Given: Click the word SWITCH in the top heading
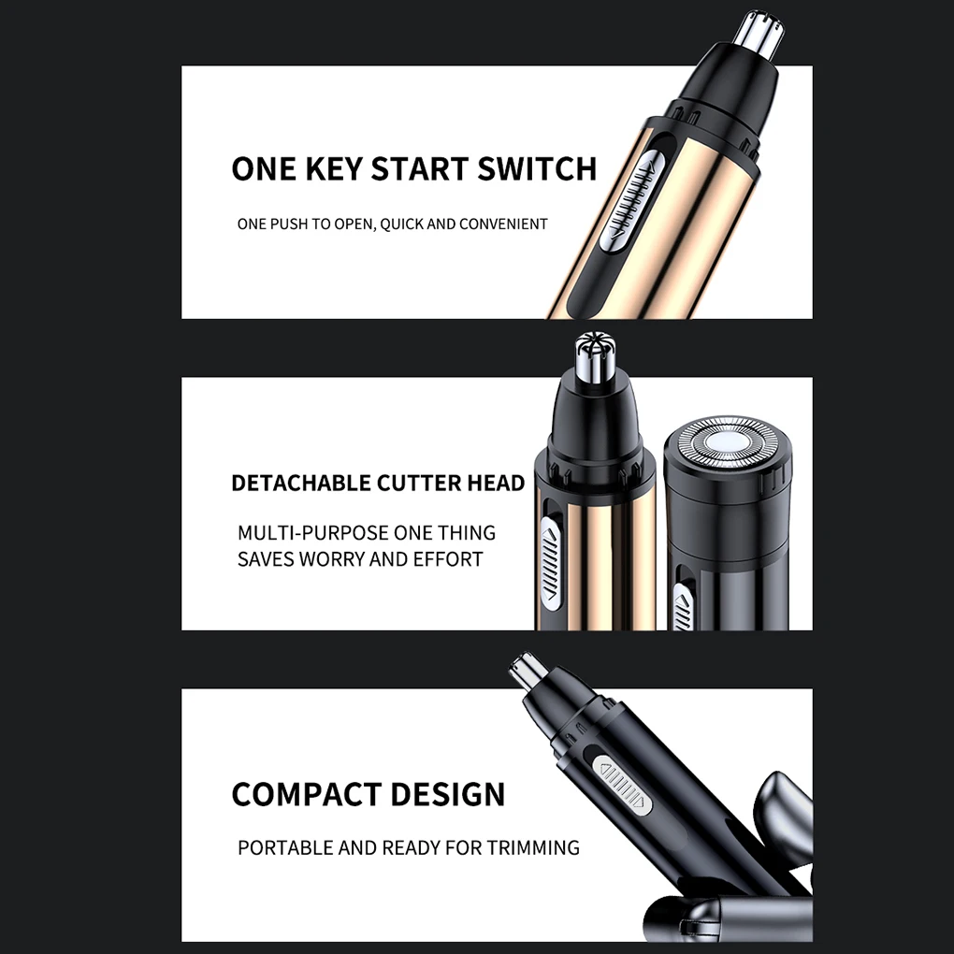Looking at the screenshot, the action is click(537, 169).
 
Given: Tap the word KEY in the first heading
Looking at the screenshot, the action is click(333, 169).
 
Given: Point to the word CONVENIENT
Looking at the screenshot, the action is click(503, 224).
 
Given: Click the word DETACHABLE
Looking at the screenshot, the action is click(301, 484).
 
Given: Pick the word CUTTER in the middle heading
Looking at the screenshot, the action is click(419, 484).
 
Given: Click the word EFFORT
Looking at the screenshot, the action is click(448, 559).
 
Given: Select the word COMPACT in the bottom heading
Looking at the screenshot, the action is click(308, 795).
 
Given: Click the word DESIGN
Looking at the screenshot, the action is click(448, 795).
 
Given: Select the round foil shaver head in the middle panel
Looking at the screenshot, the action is click(728, 443).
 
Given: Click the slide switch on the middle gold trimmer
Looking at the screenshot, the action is click(551, 564).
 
